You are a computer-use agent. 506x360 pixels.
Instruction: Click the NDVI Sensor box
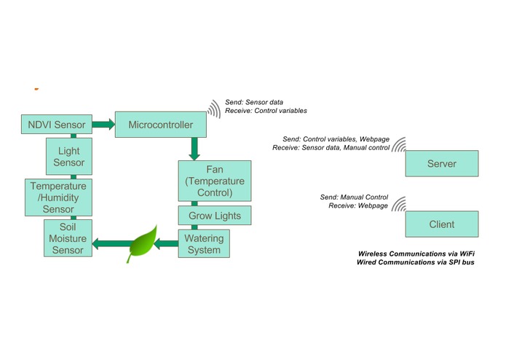click(x=57, y=125)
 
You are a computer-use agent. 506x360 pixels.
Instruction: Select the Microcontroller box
click(x=161, y=125)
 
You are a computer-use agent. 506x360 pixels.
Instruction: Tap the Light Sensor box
click(x=69, y=156)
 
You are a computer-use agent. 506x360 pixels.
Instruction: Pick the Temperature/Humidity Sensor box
click(x=58, y=197)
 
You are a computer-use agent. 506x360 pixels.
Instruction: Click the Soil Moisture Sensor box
click(x=68, y=238)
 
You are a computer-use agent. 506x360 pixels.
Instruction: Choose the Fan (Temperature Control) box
click(x=215, y=181)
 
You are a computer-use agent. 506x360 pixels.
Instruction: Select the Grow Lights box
click(x=215, y=216)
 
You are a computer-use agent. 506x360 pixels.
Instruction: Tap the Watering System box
click(x=204, y=244)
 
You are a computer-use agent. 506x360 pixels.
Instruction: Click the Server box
click(x=442, y=163)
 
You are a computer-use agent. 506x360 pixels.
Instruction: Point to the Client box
click(x=442, y=224)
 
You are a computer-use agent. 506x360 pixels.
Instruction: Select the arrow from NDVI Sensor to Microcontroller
click(x=103, y=125)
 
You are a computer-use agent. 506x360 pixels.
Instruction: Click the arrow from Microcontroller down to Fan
click(x=194, y=149)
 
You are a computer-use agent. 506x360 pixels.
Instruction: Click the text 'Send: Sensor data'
click(x=254, y=102)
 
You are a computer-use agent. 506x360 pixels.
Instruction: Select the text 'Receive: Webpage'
click(x=358, y=206)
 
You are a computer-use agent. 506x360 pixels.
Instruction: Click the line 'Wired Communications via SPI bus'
click(x=416, y=262)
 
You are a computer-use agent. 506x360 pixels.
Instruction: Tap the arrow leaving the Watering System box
click(x=166, y=244)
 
